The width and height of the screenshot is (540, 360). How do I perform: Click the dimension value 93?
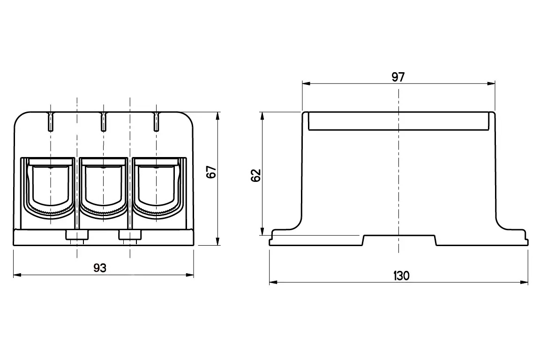coord(100,268)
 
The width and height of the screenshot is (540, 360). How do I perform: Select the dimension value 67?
coord(211,172)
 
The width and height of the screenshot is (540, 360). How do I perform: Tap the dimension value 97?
coord(398,77)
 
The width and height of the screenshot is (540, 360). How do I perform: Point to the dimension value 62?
coord(256,175)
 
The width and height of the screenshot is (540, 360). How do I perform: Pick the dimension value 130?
coord(401,276)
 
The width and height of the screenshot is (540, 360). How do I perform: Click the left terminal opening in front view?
coord(50,188)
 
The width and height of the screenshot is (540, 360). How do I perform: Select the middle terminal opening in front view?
coord(103,188)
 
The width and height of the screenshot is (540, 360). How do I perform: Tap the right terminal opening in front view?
coord(157,188)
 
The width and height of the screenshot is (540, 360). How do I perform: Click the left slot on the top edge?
coord(51,121)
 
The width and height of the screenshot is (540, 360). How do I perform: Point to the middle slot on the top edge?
coord(103,121)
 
